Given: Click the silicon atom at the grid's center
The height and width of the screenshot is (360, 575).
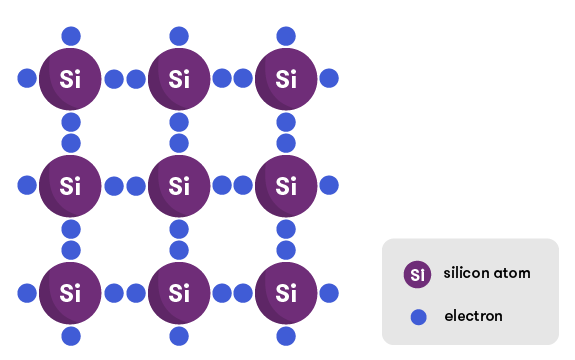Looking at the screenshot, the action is (179, 185).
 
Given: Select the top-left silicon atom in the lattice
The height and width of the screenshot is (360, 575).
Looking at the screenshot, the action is (70, 78).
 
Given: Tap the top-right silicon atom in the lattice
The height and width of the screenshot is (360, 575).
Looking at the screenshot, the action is (287, 78).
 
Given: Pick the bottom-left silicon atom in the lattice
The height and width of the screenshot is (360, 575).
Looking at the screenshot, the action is (70, 293).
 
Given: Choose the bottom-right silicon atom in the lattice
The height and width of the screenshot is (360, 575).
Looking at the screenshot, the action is (287, 293).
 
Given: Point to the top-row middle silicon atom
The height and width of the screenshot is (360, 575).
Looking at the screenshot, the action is (179, 78).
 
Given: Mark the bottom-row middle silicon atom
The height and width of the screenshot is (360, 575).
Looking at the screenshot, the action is (179, 293).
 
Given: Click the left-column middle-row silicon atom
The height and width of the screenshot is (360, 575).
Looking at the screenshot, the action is (70, 185).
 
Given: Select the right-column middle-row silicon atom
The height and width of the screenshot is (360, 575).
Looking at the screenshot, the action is (287, 185).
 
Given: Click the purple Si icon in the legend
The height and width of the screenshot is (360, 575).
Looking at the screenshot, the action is (418, 274).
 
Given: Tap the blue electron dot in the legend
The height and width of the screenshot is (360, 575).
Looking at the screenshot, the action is (418, 317).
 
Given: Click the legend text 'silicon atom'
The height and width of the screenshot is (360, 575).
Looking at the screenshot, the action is (487, 273).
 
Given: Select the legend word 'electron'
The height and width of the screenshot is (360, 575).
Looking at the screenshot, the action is (473, 317).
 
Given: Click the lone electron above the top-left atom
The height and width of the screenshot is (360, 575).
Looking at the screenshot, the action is (71, 36).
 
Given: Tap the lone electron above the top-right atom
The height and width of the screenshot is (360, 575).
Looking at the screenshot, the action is (287, 36).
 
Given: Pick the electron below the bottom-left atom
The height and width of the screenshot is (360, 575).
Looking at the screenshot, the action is (71, 336).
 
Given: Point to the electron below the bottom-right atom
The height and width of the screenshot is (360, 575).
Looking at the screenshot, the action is (287, 336).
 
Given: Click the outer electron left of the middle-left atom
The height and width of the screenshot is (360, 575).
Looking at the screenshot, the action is (27, 185).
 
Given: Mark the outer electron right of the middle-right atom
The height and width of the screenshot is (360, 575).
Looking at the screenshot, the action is (330, 185).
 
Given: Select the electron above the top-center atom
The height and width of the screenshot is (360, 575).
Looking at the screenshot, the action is (179, 36).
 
